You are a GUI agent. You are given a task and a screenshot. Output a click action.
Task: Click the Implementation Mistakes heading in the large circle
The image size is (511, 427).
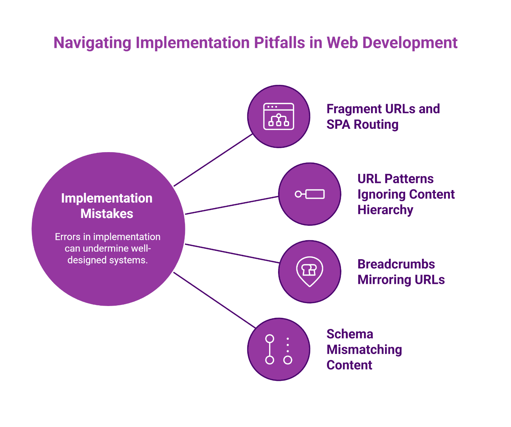107,206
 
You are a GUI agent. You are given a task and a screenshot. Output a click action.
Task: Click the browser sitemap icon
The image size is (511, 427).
278,116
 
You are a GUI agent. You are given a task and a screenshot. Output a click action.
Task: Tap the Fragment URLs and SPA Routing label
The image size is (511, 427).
383,117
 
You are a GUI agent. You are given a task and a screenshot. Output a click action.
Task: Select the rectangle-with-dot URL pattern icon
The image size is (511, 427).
310,194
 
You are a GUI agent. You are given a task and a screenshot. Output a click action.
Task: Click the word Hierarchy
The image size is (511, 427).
385,210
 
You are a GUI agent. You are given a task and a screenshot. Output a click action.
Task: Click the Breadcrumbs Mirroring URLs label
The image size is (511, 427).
401,272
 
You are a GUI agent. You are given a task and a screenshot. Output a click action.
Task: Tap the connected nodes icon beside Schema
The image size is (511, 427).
278,349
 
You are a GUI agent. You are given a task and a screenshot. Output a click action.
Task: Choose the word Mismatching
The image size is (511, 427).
364,349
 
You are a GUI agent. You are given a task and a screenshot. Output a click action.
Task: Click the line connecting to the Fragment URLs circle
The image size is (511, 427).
213,160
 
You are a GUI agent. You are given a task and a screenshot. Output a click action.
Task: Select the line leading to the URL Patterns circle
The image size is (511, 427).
232,205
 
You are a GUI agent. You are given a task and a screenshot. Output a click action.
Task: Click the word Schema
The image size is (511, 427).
350,334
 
